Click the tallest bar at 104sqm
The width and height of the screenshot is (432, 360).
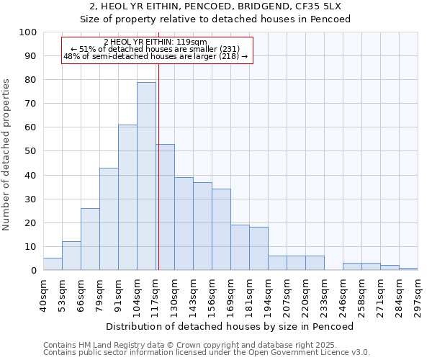[146, 176]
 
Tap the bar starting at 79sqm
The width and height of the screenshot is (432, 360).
[109, 219]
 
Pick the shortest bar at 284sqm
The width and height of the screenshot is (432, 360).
[408, 269]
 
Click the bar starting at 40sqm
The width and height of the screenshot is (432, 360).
[53, 264]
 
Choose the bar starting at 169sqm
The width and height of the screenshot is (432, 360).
[240, 248]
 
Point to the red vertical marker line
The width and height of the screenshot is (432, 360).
[158, 180]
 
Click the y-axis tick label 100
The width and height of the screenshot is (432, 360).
[27, 32]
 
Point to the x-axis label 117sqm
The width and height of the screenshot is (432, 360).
[156, 294]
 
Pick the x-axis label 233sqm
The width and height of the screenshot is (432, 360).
[324, 294]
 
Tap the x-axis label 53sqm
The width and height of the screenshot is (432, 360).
[62, 294]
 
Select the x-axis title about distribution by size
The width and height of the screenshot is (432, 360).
[229, 326]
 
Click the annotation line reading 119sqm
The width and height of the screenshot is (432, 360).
[156, 42]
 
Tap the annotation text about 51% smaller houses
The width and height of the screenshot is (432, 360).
[156, 49]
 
